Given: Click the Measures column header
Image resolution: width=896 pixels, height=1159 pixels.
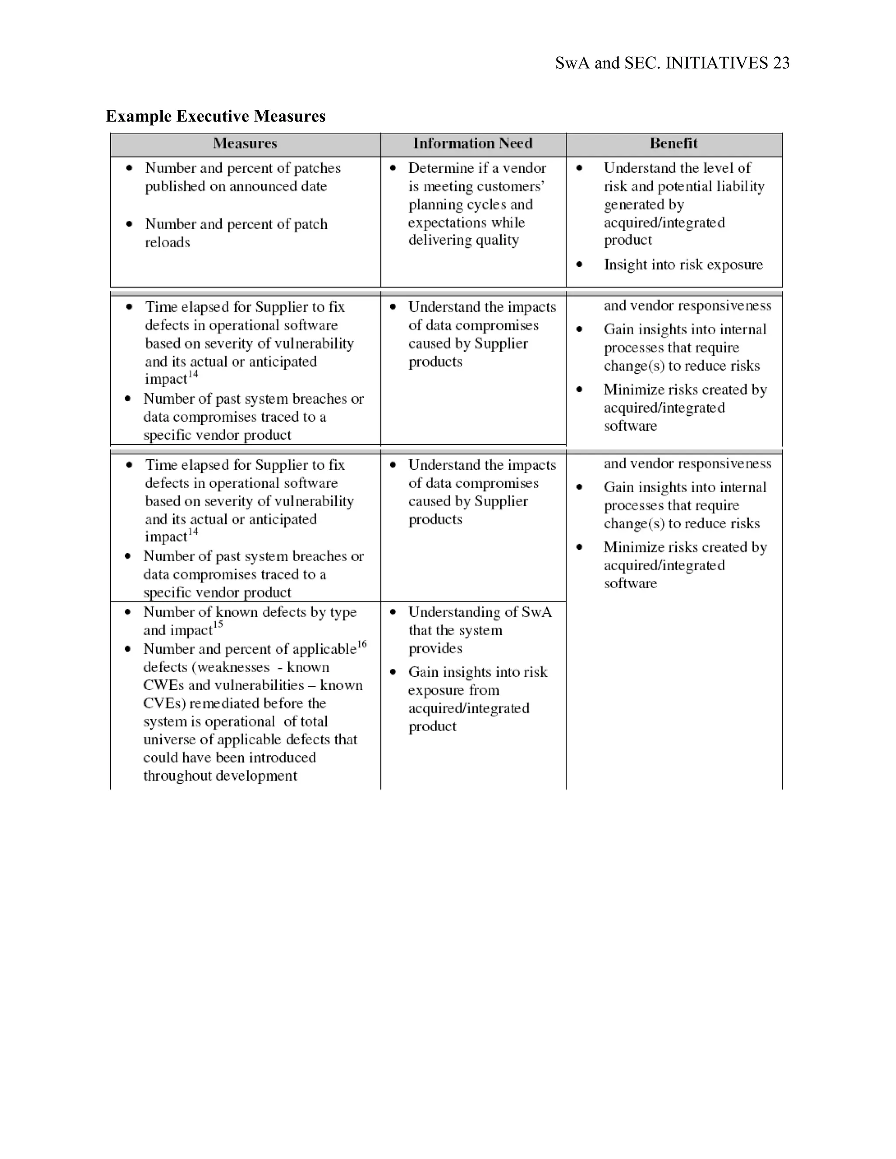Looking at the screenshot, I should click(x=245, y=143).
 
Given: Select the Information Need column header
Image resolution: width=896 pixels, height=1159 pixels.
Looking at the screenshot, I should click(x=472, y=143).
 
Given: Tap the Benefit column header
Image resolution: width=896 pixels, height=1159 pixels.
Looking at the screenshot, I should click(x=673, y=143).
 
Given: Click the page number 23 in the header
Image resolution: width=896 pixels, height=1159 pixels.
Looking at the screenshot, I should click(x=781, y=63).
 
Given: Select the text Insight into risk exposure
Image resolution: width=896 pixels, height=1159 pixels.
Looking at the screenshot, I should click(x=682, y=264).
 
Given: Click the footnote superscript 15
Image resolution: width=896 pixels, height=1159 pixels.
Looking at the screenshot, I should click(x=217, y=625).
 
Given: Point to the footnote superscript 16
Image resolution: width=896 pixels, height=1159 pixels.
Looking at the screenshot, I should click(x=361, y=644).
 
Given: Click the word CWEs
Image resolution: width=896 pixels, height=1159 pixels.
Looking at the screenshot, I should click(x=164, y=685).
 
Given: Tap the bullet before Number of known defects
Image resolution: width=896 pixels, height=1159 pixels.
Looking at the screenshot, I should click(x=127, y=612).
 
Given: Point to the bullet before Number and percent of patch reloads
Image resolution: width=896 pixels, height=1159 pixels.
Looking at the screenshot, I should click(x=129, y=224).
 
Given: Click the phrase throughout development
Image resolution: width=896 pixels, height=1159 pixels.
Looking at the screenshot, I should click(x=220, y=775).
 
